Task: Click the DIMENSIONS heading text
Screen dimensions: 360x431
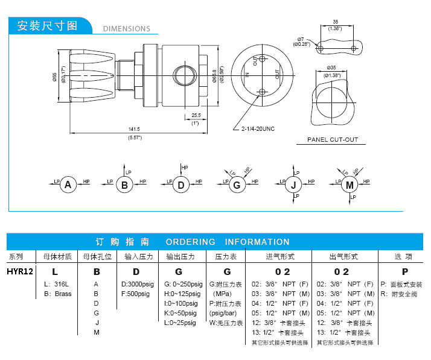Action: click(126, 28)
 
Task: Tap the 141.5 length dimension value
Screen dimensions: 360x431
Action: click(134, 129)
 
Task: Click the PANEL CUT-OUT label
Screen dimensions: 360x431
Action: click(333, 140)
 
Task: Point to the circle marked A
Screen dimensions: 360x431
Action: click(68, 185)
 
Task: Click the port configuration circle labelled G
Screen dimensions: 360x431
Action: click(236, 185)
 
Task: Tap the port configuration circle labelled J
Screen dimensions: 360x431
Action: click(293, 185)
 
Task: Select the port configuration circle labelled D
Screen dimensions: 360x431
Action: click(180, 185)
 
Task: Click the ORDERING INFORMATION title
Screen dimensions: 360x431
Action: click(228, 242)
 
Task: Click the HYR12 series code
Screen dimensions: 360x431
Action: click(20, 271)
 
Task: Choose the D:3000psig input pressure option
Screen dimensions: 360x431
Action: click(138, 283)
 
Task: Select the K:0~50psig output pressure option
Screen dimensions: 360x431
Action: click(180, 313)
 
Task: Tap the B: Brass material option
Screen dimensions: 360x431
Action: click(58, 294)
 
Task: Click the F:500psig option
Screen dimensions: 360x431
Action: click(136, 294)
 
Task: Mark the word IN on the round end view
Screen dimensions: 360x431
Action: click(247, 75)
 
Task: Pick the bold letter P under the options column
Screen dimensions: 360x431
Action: click(404, 271)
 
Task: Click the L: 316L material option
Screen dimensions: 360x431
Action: click(57, 283)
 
